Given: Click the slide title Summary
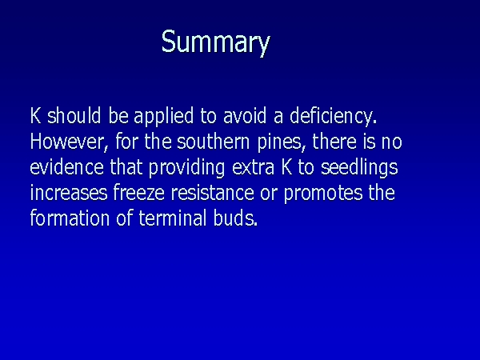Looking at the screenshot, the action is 216,42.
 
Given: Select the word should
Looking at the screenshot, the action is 74,115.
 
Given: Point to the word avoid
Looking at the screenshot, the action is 245,115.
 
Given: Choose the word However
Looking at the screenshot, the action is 69,142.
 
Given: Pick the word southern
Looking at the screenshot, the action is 214,142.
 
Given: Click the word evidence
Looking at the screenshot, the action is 66,167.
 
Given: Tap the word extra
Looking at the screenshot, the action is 253,168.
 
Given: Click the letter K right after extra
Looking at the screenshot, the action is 286,167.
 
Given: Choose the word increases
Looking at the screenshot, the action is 69,193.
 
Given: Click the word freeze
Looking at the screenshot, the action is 139,193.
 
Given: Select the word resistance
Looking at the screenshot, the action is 213,193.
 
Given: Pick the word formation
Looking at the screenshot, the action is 70,218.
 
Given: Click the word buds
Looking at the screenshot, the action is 235,218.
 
